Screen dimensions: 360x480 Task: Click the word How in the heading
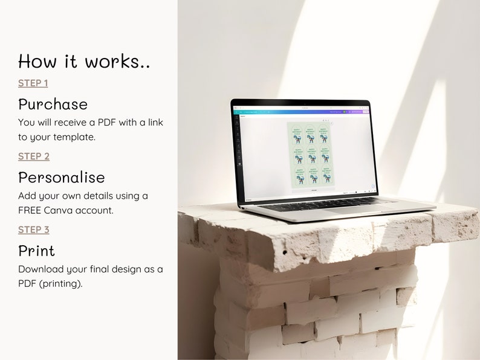(x=37, y=61)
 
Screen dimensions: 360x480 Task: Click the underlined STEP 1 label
(x=33, y=83)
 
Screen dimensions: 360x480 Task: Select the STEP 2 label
(x=34, y=156)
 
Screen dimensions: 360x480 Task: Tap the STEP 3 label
(x=34, y=230)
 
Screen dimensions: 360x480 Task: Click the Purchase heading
(x=53, y=104)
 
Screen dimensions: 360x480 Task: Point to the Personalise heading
(x=61, y=177)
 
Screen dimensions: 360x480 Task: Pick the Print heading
(x=36, y=251)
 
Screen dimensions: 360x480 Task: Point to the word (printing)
(x=61, y=283)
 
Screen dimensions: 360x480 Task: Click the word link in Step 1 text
(x=154, y=123)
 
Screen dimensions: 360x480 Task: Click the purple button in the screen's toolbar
(x=365, y=112)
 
